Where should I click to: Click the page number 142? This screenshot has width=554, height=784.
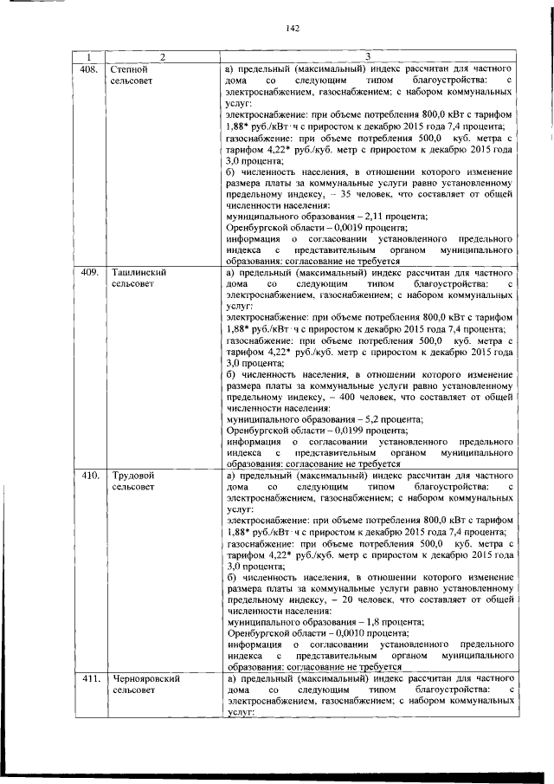pyautogui.click(x=292, y=29)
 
